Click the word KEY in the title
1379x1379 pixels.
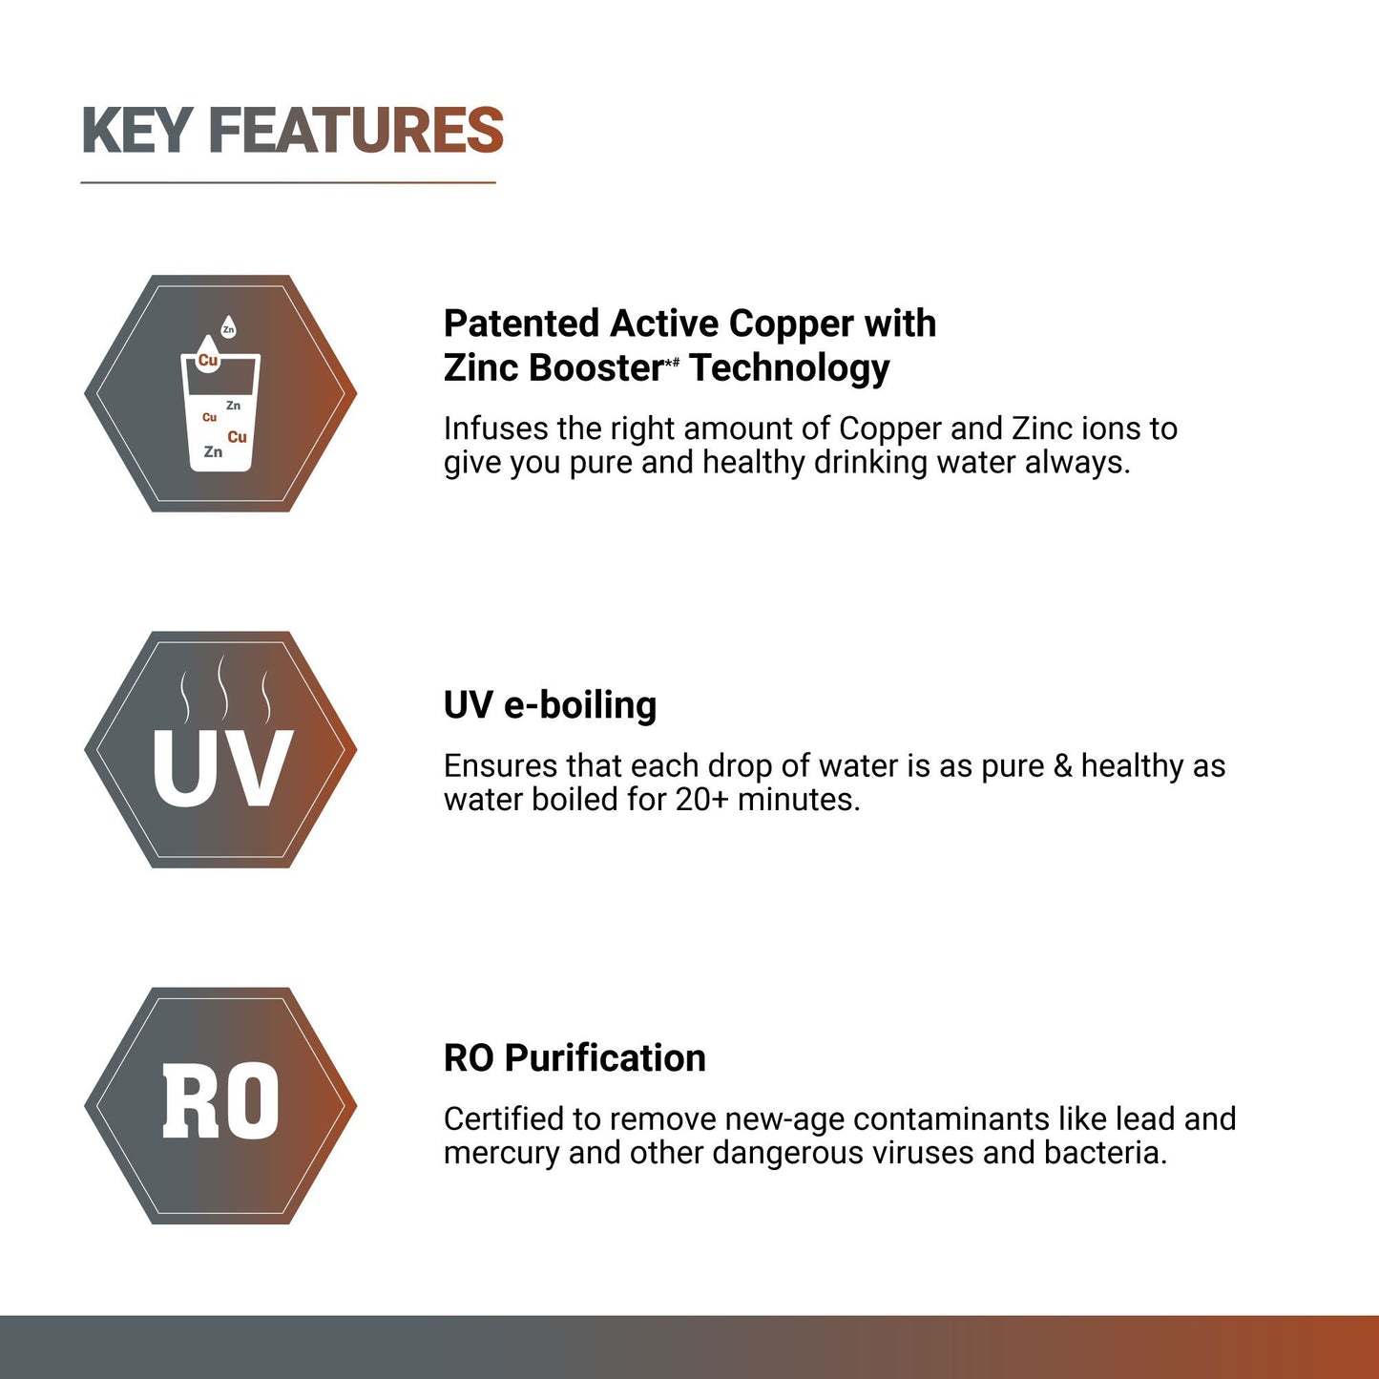click(137, 131)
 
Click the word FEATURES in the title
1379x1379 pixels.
click(355, 131)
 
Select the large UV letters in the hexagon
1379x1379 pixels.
click(221, 769)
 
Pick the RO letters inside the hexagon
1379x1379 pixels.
click(220, 1102)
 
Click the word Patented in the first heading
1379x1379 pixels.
click(522, 324)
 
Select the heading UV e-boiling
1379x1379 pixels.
click(550, 705)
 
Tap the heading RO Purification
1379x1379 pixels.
click(575, 1058)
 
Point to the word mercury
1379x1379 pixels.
click(502, 1153)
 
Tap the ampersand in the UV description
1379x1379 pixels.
click(1062, 766)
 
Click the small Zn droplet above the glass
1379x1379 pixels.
click(228, 328)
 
